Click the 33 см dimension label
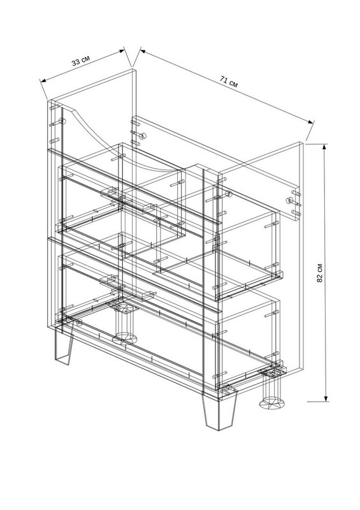coord(81,61)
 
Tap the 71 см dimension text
coord(229,82)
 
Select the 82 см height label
coord(320,273)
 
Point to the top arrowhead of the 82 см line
coord(324,147)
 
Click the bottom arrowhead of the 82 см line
coord(326,398)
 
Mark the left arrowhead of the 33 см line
coord(43,80)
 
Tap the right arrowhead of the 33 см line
coord(122,50)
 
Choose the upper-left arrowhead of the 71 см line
coord(143,51)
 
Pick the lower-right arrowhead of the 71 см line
coord(311,122)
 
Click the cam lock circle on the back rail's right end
coord(289,200)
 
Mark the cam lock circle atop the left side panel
coord(63,121)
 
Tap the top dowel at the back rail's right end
coord(296,193)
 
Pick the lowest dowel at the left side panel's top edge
coord(55,141)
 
